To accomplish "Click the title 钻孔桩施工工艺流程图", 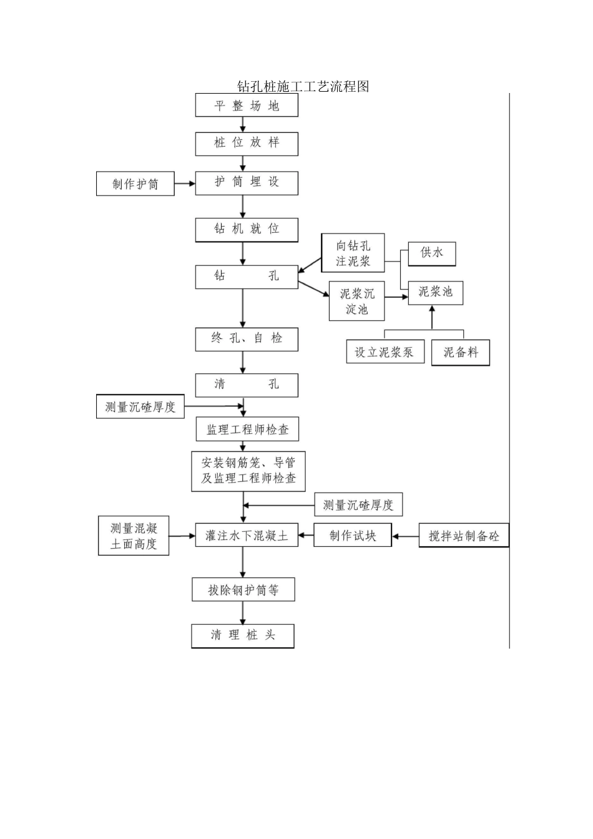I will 303,86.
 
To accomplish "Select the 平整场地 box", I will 247,105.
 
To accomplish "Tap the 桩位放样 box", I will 247,144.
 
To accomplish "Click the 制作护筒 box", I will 135,184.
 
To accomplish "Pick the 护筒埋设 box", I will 247,182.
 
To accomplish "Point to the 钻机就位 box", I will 247,229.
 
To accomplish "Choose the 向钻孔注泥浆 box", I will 353,253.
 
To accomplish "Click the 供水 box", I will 432,253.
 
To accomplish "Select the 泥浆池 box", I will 436,292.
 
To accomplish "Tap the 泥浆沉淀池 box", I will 357,301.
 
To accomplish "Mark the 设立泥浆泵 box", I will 385,352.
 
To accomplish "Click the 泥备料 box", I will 461,353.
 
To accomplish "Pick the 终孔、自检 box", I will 247,339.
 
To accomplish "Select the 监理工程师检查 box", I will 247,429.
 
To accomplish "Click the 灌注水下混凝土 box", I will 247,535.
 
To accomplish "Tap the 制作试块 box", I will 353,535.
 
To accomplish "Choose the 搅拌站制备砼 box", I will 464,536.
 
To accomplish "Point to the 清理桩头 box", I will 243,635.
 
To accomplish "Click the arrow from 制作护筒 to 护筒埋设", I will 185,184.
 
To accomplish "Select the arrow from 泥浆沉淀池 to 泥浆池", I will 396,298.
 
